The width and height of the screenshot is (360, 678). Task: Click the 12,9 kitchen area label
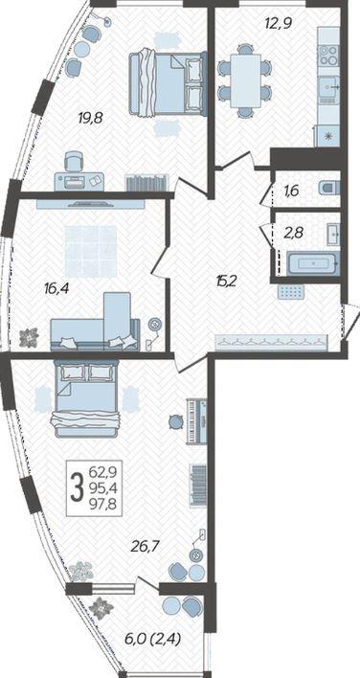tap(279, 23)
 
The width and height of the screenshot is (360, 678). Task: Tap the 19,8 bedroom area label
tap(90, 117)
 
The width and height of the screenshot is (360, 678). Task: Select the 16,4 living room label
tap(57, 287)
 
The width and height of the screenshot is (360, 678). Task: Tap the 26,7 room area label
tap(146, 547)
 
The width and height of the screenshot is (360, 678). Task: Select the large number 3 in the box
tap(78, 486)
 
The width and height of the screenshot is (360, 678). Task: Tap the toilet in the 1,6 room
tap(329, 188)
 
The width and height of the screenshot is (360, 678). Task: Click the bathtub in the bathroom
tap(313, 262)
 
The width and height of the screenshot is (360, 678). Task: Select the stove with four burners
tap(329, 55)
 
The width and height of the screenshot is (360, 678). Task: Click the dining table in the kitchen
tap(245, 80)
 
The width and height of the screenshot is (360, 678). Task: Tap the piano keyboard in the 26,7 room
tap(193, 420)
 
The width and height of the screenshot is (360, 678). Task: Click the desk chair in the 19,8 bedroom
tap(74, 162)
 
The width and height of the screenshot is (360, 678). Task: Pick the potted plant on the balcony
tap(102, 608)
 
